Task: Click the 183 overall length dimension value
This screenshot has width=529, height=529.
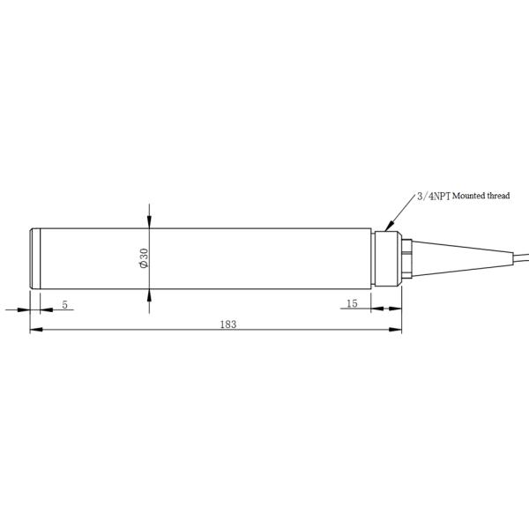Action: point(228,324)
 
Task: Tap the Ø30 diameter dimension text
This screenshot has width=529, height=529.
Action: point(143,257)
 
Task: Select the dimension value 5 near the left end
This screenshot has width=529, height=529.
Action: point(66,303)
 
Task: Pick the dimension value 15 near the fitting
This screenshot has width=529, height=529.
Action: point(352,303)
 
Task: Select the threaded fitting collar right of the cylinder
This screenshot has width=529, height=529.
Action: point(385,257)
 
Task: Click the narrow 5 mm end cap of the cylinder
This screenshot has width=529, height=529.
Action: point(34,257)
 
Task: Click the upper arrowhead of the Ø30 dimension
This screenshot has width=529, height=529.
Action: point(149,221)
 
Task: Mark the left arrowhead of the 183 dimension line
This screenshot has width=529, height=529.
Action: point(35,331)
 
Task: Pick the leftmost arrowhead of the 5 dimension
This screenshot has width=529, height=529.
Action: point(25,309)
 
